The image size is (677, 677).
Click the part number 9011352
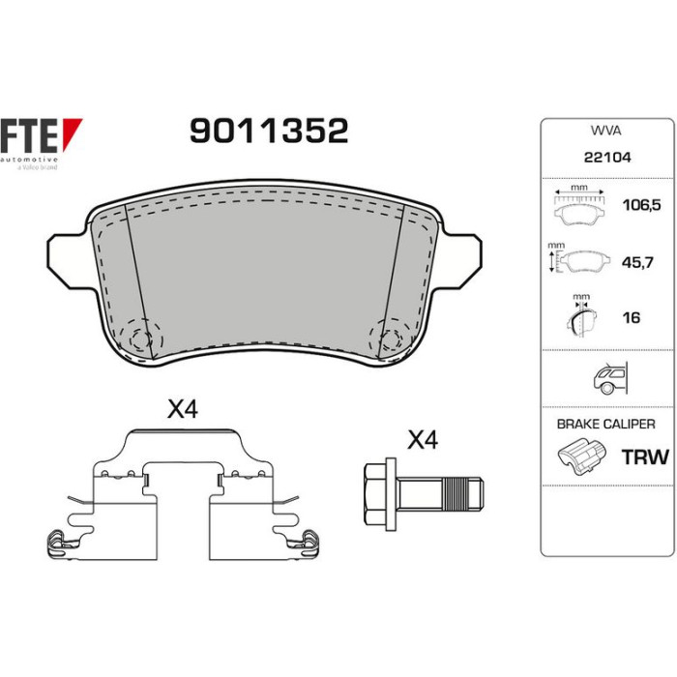pyautogui.click(x=269, y=131)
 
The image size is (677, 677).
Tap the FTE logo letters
pyautogui.click(x=28, y=135)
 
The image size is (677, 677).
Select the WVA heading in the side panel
pyautogui.click(x=605, y=131)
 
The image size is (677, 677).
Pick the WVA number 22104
pyautogui.click(x=607, y=157)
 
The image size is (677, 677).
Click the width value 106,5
pyautogui.click(x=641, y=205)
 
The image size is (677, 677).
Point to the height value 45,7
pyautogui.click(x=637, y=262)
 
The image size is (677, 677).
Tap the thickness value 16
pyautogui.click(x=631, y=318)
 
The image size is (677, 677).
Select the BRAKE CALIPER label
pyautogui.click(x=605, y=424)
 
